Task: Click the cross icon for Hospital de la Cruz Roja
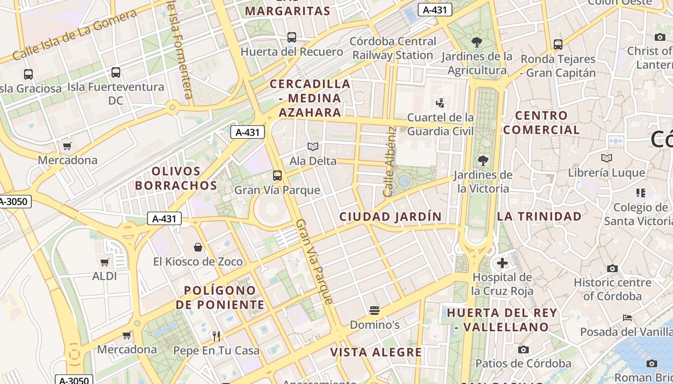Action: pyautogui.click(x=502, y=263)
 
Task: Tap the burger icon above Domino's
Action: pyautogui.click(x=374, y=311)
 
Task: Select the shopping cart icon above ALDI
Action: pyautogui.click(x=104, y=262)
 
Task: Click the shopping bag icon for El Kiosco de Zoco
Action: pyautogui.click(x=198, y=247)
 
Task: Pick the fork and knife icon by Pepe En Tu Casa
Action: pyautogui.click(x=216, y=336)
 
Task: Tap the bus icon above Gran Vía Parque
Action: pyautogui.click(x=277, y=176)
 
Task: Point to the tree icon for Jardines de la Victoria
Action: pyautogui.click(x=483, y=160)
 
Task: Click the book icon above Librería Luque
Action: pyautogui.click(x=607, y=158)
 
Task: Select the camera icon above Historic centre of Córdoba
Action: pyautogui.click(x=612, y=268)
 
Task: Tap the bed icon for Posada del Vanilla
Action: pyautogui.click(x=627, y=317)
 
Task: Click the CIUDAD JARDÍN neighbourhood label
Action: pyautogui.click(x=390, y=216)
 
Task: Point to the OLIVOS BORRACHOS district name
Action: pyautogui.click(x=176, y=178)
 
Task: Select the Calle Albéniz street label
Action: pyautogui.click(x=389, y=161)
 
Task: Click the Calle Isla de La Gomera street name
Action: pyautogui.click(x=75, y=35)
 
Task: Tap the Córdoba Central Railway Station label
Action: pyautogui.click(x=393, y=48)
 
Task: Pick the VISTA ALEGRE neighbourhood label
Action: pyautogui.click(x=376, y=352)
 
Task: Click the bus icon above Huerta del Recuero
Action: pyautogui.click(x=291, y=37)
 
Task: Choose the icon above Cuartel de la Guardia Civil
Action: pyautogui.click(x=440, y=102)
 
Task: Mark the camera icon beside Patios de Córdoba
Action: pyautogui.click(x=523, y=349)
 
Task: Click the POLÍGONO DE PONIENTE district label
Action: pyautogui.click(x=220, y=297)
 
